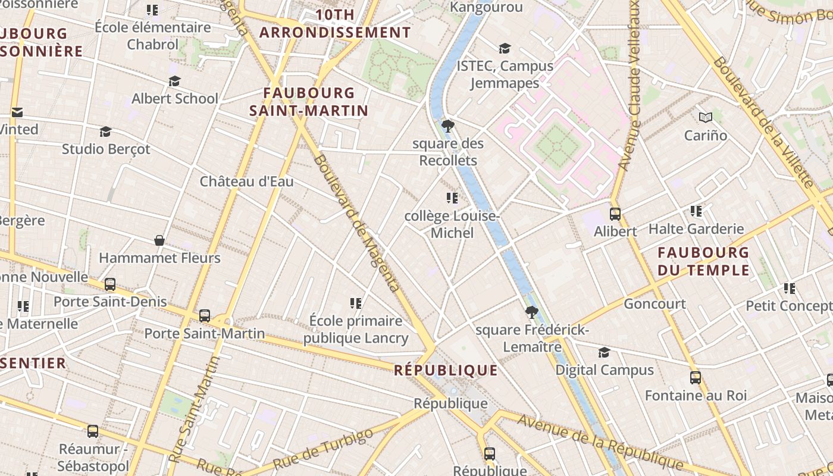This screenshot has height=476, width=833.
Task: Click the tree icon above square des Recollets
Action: [x=448, y=126]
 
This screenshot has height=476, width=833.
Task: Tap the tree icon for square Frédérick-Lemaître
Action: [x=531, y=312]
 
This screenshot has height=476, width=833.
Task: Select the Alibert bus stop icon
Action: [x=615, y=214]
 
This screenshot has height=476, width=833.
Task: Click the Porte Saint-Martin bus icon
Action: [x=205, y=315]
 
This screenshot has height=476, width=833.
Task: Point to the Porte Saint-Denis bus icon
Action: [x=110, y=284]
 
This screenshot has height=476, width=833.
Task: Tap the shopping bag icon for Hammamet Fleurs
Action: [x=159, y=240]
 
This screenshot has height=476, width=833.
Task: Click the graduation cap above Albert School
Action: [x=174, y=81]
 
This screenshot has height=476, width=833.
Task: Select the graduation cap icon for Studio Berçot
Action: [x=105, y=131]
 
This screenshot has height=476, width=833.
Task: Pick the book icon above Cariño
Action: [x=706, y=117]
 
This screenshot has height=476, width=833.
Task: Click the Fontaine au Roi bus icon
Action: [x=695, y=377]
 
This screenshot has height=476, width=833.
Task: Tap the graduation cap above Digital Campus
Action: [x=604, y=352]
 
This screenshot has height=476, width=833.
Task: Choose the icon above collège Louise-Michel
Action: [x=452, y=198]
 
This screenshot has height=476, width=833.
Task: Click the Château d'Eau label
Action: [x=246, y=181]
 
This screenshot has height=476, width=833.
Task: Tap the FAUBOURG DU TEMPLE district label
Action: [x=703, y=261]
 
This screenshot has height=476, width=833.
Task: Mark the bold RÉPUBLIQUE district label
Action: [x=446, y=370]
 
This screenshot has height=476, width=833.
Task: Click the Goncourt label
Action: [x=654, y=303]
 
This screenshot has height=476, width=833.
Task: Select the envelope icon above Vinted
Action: [x=17, y=112]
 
